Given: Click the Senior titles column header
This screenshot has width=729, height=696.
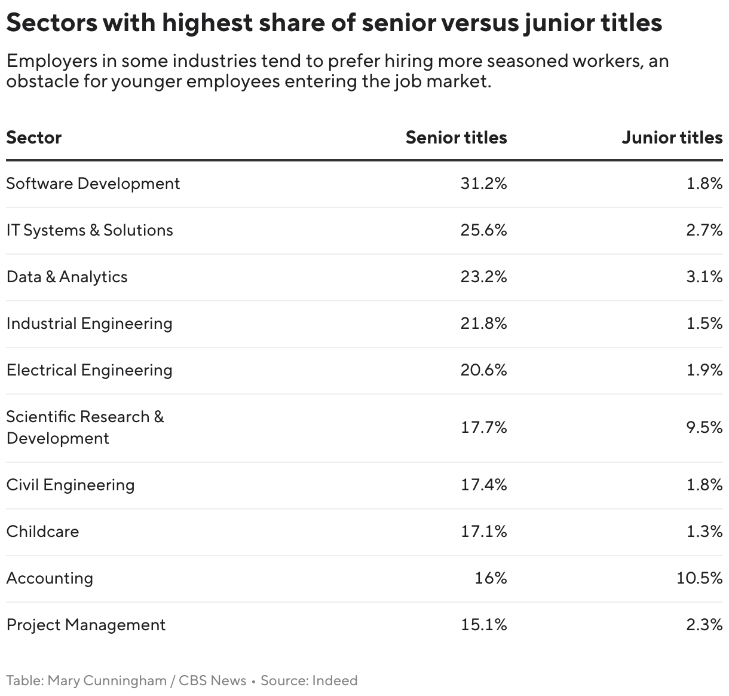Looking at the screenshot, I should click(x=456, y=138).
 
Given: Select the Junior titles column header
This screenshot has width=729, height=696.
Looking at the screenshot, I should click(x=672, y=138).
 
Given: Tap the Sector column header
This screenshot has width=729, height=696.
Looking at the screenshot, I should click(x=34, y=138).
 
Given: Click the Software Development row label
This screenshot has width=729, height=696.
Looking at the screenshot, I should click(x=93, y=184).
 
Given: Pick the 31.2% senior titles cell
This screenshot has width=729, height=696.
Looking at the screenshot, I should click(x=483, y=184).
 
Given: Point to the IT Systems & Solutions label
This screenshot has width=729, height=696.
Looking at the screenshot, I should click(x=90, y=230).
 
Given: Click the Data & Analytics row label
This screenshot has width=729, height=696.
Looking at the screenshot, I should click(x=67, y=277).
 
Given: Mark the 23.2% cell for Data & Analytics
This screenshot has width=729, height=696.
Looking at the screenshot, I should click(x=483, y=277).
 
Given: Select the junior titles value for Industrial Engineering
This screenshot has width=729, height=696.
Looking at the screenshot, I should click(x=705, y=323).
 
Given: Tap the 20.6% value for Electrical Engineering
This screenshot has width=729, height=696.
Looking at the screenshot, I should click(x=483, y=370).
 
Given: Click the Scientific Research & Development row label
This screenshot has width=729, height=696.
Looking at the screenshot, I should click(x=85, y=428).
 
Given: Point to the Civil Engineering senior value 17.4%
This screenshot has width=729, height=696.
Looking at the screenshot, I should click(x=483, y=485).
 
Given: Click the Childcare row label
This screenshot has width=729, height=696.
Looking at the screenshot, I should click(x=42, y=532).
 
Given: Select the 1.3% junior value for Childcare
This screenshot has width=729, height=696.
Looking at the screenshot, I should click(x=705, y=532).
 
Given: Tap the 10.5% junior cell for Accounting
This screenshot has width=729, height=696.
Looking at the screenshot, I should click(x=700, y=578).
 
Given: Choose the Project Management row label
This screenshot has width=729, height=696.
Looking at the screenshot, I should click(x=86, y=625).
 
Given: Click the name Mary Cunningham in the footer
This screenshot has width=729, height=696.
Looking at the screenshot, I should click(x=107, y=680).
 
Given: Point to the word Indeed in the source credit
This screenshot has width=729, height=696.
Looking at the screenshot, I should click(x=335, y=680).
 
